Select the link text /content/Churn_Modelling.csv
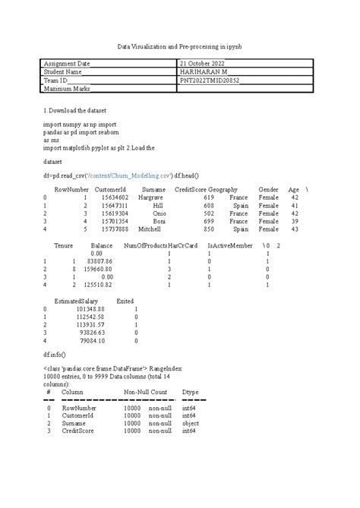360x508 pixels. click(134, 173)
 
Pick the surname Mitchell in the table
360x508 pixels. click(150, 229)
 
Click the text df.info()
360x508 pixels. click(55, 355)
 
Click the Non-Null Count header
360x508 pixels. click(146, 392)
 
